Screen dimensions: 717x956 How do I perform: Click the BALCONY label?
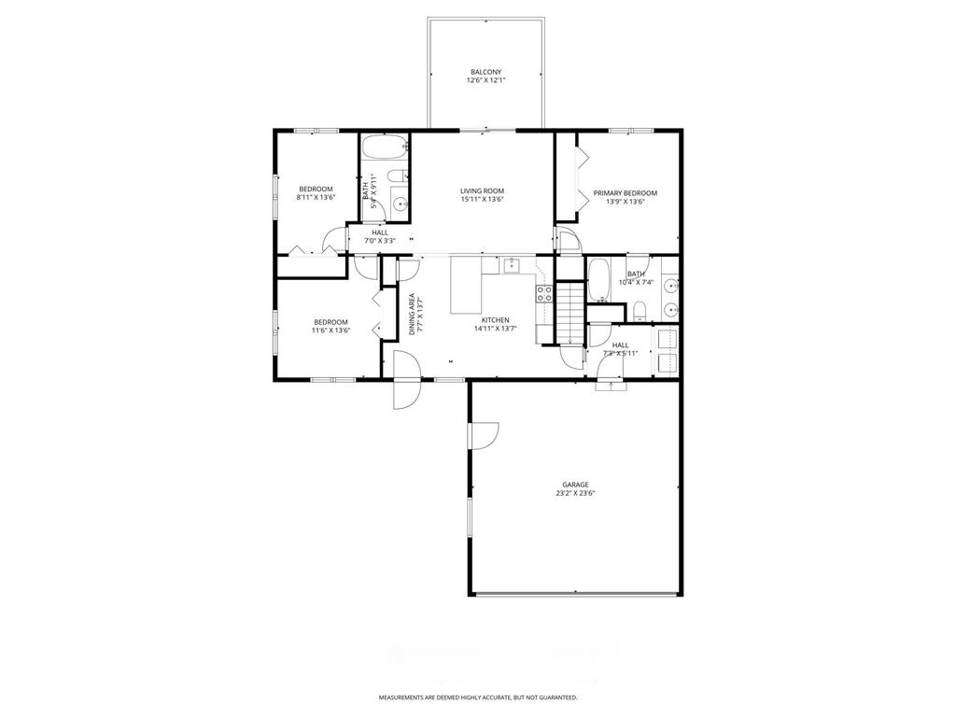(x=485, y=72)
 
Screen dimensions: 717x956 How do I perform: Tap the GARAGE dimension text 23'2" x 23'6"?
(x=575, y=494)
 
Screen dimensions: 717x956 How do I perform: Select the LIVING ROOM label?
(x=482, y=190)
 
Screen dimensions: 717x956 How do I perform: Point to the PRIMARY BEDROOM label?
(x=625, y=193)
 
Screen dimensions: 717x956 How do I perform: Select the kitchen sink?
(x=511, y=266)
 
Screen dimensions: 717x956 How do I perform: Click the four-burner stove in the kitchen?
(x=543, y=295)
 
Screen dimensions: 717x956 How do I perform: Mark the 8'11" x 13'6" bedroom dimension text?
(x=316, y=198)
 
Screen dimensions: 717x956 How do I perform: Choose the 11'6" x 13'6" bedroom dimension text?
(x=330, y=330)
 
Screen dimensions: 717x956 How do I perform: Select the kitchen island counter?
(x=466, y=286)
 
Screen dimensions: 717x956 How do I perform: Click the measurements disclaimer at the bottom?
(x=477, y=697)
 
